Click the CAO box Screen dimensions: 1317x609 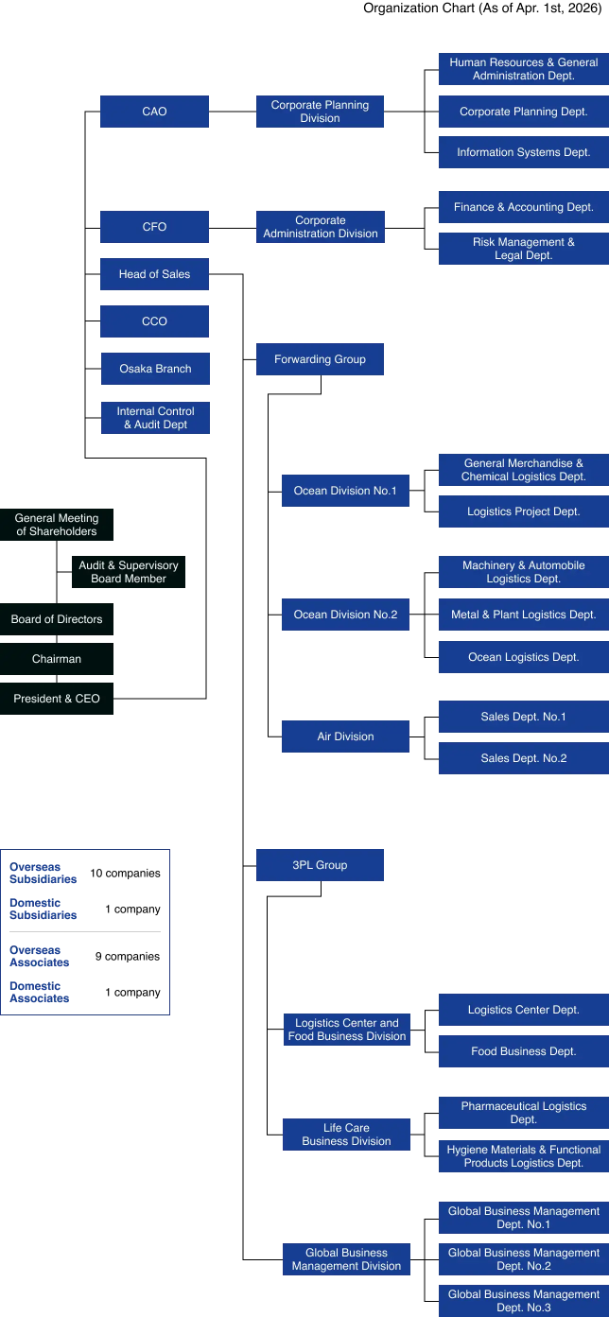[x=154, y=112]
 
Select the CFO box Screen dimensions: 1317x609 [x=154, y=227]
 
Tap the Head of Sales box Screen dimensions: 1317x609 [x=154, y=274]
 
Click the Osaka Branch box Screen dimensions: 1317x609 [x=154, y=369]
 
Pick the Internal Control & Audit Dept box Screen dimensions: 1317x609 [x=155, y=418]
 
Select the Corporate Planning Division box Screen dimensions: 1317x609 [x=320, y=112]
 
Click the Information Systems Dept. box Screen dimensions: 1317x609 [x=523, y=152]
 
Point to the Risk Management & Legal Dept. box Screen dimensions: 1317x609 [x=523, y=249]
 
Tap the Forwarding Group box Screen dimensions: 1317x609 [x=320, y=359]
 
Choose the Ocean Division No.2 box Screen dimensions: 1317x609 [x=345, y=615]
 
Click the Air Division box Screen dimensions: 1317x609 [x=345, y=736]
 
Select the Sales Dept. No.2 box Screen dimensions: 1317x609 [x=523, y=758]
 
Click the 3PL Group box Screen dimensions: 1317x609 [x=320, y=865]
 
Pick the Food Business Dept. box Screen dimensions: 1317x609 [x=523, y=1051]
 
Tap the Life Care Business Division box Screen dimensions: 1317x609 [x=346, y=1135]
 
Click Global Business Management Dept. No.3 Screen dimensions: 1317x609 [x=523, y=1301]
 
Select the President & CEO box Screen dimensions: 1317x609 [x=56, y=699]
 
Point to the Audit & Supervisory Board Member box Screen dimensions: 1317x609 [x=128, y=572]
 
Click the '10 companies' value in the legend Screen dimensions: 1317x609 [x=125, y=874]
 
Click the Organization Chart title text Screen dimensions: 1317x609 [x=481, y=9]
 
